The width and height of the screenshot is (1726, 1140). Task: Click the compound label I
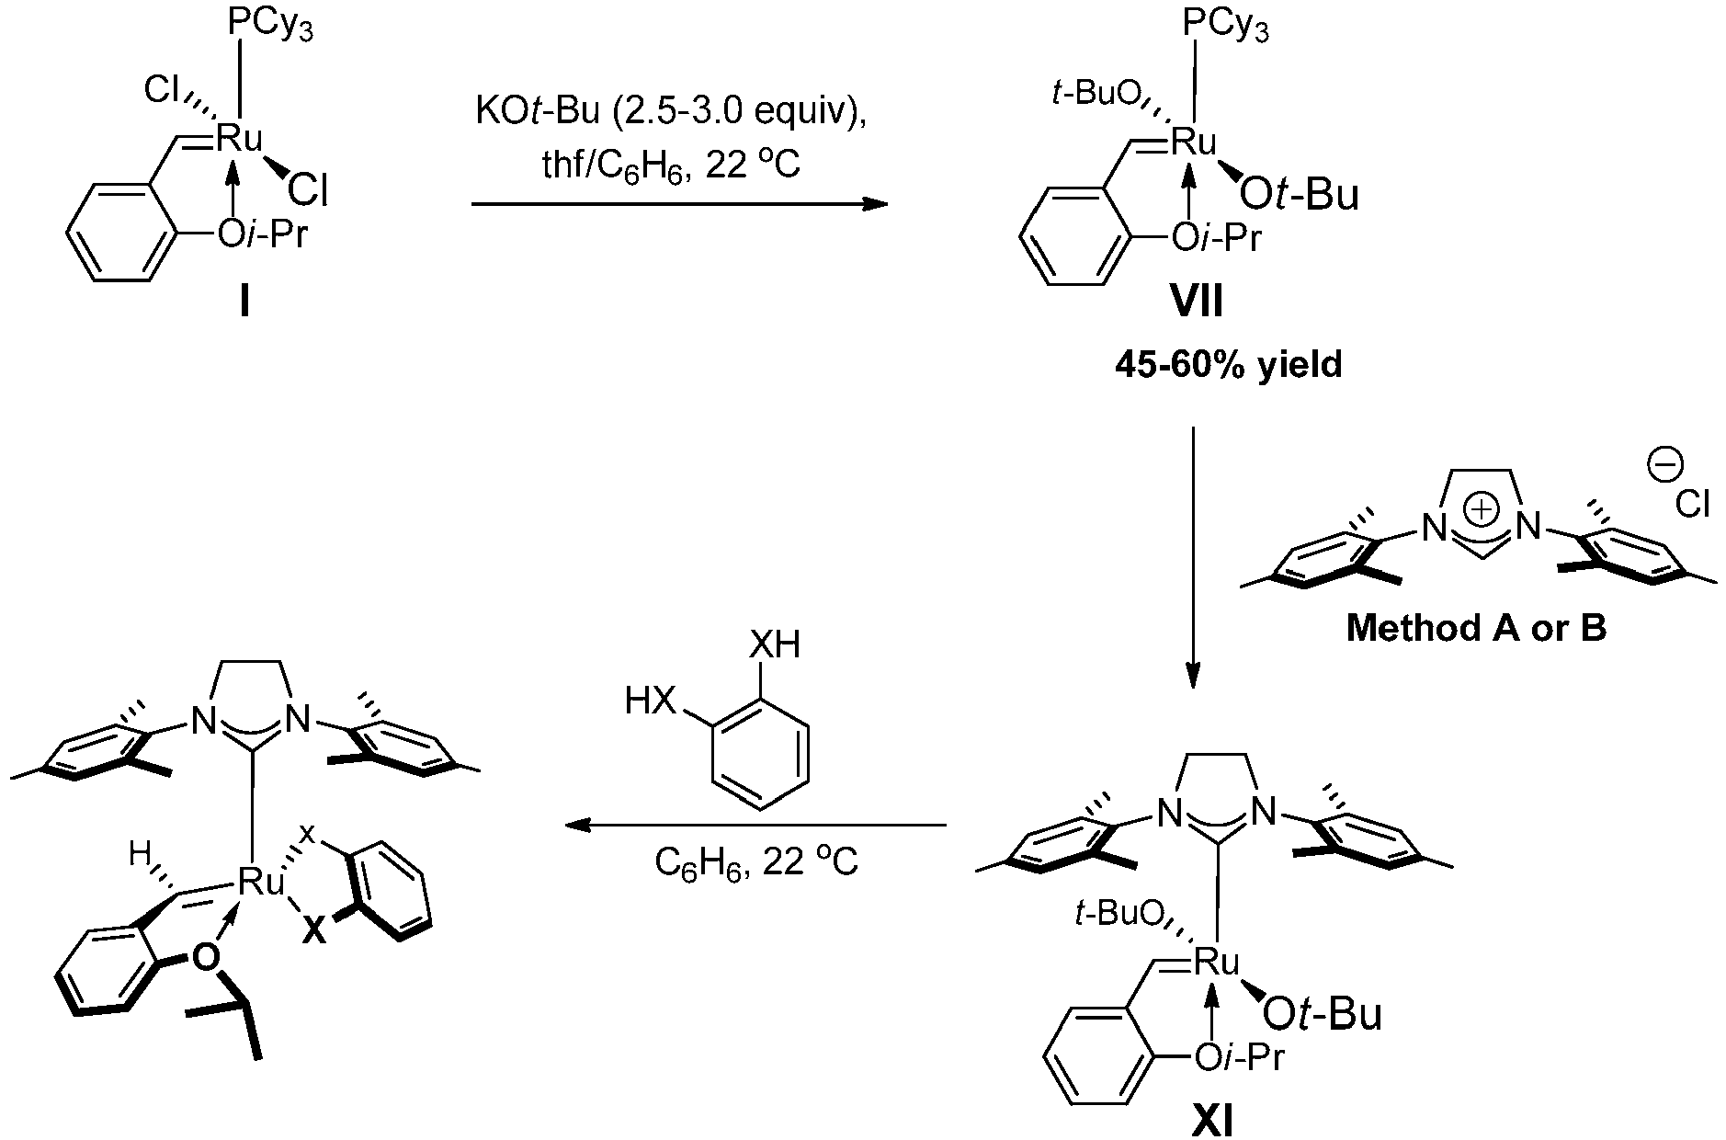pyautogui.click(x=244, y=301)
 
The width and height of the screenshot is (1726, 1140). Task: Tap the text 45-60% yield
pyautogui.click(x=1229, y=365)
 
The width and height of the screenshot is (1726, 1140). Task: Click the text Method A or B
pyautogui.click(x=1477, y=628)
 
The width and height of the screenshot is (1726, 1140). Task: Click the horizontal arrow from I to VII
pyautogui.click(x=680, y=205)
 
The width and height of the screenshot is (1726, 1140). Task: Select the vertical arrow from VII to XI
pyautogui.click(x=1193, y=557)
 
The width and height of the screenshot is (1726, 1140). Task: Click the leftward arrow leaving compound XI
pyautogui.click(x=756, y=826)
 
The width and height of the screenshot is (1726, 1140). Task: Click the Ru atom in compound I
pyautogui.click(x=239, y=139)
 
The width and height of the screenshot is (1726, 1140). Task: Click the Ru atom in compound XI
pyautogui.click(x=1216, y=963)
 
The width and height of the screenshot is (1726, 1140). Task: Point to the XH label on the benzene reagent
pyautogui.click(x=775, y=646)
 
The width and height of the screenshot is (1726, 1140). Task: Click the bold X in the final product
pyautogui.click(x=314, y=931)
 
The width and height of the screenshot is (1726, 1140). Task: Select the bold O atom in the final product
pyautogui.click(x=207, y=958)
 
